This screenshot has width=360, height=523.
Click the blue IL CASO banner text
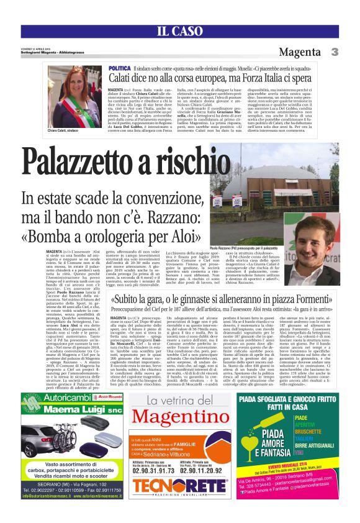pyautogui.click(x=179, y=31)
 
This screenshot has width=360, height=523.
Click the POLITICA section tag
pyautogui.click(x=120, y=67)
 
